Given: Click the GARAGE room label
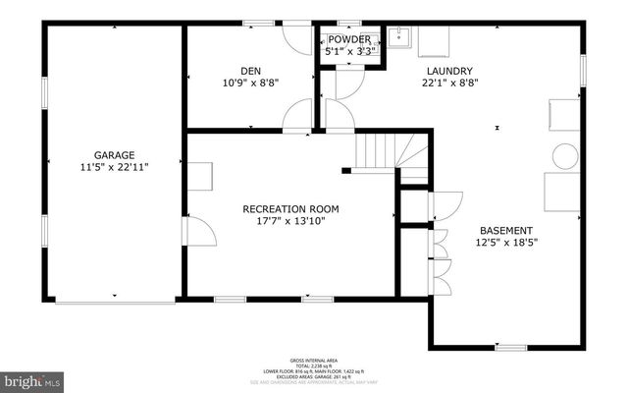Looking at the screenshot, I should coord(114,154).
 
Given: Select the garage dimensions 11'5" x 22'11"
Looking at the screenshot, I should coord(114,167).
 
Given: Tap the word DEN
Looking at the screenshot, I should coord(249,71).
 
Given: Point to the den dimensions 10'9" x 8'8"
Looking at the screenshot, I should coord(249,84).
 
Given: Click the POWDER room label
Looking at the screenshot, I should coord(349,40).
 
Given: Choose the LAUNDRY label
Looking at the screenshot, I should coord(449,71).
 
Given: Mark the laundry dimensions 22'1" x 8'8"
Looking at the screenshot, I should coord(449,84).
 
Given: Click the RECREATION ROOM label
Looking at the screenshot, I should coord(291,208).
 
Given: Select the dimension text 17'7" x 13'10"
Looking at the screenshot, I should coord(291,221).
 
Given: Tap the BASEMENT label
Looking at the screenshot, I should coord(506,230).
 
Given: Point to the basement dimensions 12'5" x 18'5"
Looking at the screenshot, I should coord(506,243).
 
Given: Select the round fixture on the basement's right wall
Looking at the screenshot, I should coord(566,155).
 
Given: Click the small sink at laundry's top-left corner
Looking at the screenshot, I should coord(399,39).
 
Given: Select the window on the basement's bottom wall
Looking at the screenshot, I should coord(509,347).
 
